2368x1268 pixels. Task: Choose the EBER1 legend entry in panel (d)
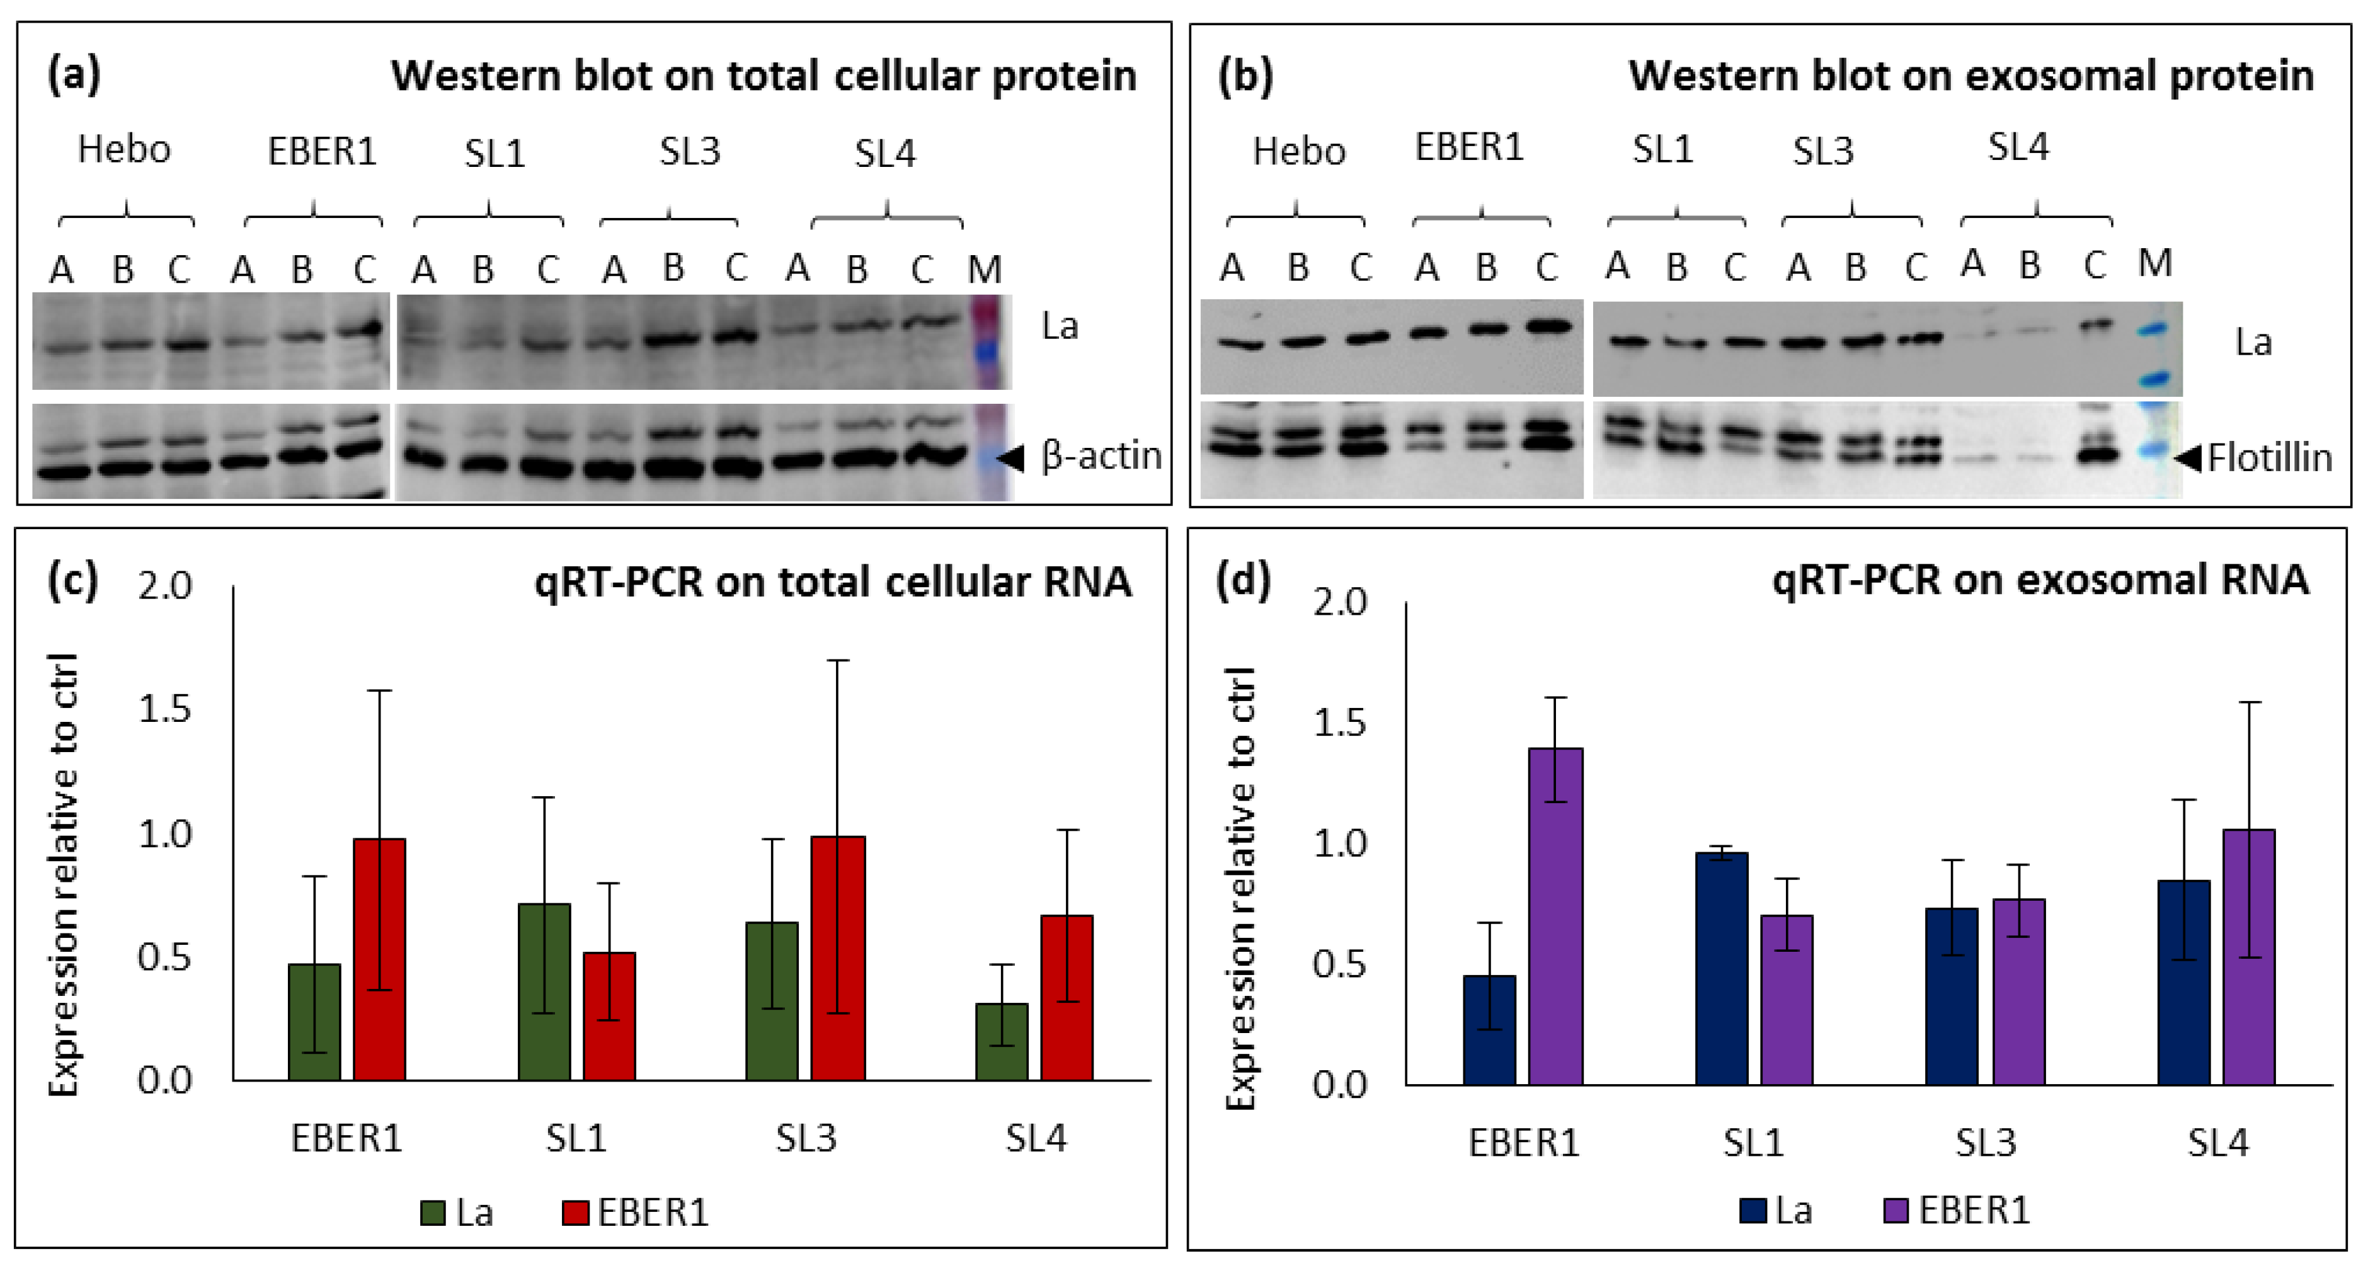pos(1957,1210)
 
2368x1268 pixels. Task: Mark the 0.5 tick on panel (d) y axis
pos(1339,964)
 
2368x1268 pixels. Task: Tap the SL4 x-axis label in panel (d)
pos(2217,1142)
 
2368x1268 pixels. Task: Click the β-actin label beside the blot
pos(1101,456)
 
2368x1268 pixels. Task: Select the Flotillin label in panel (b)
pos(2270,457)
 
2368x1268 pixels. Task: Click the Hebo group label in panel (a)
pos(124,149)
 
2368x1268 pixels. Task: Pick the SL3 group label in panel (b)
pos(1823,151)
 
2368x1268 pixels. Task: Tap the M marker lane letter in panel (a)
pos(985,270)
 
